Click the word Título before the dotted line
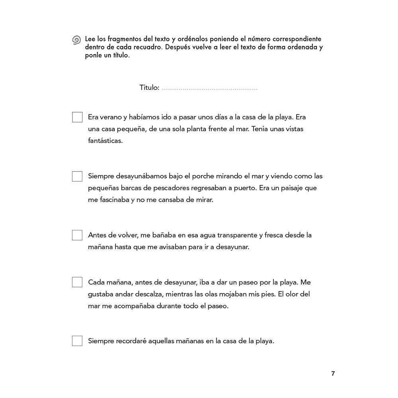149,88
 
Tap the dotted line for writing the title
209,88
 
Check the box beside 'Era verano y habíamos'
77,117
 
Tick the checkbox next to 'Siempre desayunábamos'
77,176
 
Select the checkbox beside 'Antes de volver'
77,235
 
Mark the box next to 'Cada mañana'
77,282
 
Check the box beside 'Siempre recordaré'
77,341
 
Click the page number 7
333,374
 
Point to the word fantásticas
105,141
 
